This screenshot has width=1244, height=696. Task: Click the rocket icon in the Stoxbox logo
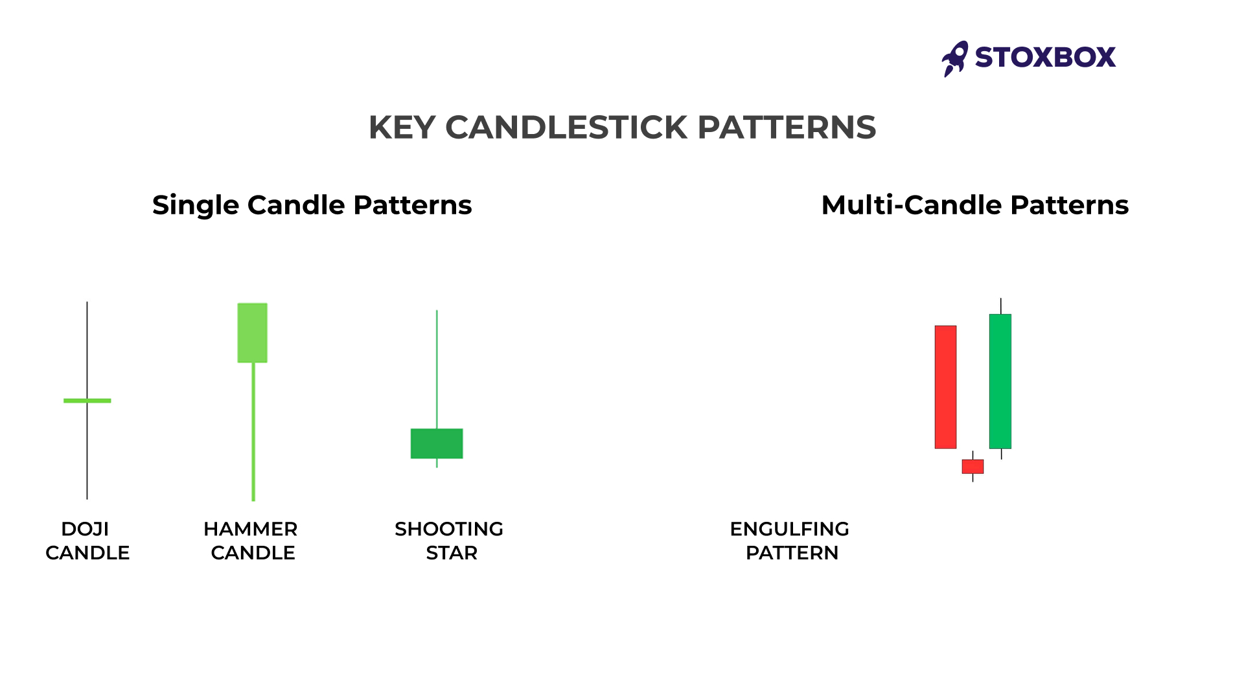pos(955,58)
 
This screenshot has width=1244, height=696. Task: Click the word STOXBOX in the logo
pos(1045,58)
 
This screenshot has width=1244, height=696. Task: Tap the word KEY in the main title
pos(401,128)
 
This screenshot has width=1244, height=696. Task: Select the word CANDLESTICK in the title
pos(566,128)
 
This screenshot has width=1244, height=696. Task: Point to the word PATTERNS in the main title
pos(787,128)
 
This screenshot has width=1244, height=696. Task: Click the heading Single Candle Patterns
pos(312,205)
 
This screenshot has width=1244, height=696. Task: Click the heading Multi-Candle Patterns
pos(974,205)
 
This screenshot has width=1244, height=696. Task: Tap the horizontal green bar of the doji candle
pos(87,401)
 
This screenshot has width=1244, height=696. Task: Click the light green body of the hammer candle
pos(252,333)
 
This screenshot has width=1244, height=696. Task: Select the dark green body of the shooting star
pos(437,443)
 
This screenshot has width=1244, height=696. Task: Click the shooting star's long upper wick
pos(437,369)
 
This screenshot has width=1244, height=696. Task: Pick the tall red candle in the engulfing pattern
pos(945,387)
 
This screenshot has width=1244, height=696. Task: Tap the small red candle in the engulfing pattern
pos(973,466)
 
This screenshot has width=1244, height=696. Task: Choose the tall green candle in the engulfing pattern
pos(1000,381)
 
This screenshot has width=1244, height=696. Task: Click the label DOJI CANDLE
pos(87,541)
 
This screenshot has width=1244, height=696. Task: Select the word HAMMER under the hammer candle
pos(250,529)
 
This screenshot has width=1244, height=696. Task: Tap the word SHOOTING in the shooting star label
pos(448,529)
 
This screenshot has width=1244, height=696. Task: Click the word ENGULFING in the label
pos(789,529)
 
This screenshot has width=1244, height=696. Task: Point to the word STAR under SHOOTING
pos(452,553)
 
